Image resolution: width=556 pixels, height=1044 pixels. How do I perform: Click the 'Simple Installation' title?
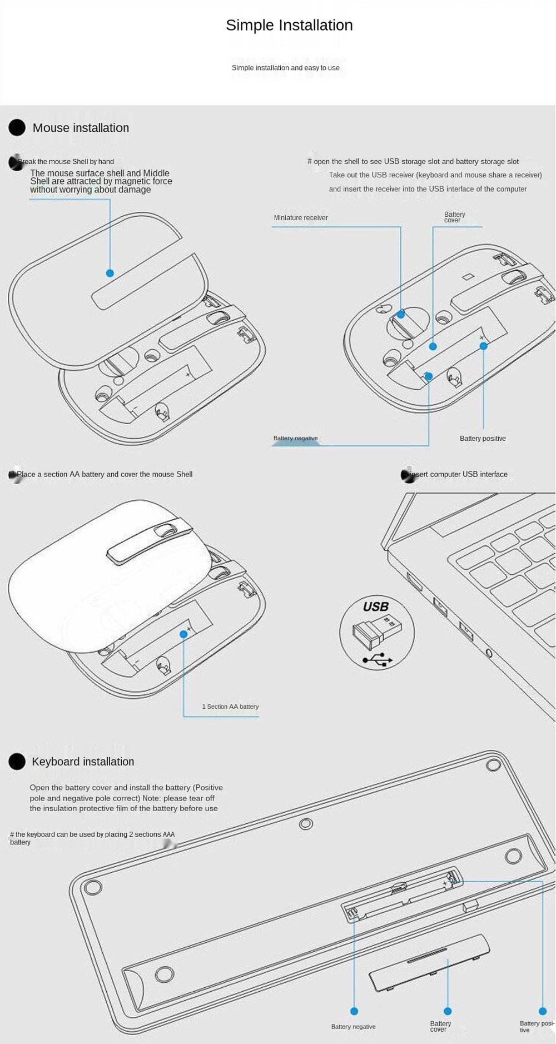(x=289, y=25)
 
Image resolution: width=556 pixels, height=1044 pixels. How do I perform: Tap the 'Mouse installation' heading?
(x=81, y=128)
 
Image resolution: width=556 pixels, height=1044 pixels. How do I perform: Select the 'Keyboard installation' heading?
(x=83, y=762)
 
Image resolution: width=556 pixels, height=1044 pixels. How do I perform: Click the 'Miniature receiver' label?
(x=301, y=218)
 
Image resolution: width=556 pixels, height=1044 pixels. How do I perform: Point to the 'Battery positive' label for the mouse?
(x=483, y=439)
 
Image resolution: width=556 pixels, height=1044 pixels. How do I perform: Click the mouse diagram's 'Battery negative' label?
(x=295, y=439)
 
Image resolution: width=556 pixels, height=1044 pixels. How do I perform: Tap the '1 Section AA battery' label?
(x=230, y=707)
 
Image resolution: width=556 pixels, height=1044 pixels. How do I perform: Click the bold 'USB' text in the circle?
(x=376, y=606)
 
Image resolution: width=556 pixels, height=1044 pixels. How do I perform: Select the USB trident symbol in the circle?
(x=378, y=660)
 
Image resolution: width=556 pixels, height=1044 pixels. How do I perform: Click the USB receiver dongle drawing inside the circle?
(x=376, y=632)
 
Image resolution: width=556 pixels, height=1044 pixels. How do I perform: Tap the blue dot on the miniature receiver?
(x=401, y=315)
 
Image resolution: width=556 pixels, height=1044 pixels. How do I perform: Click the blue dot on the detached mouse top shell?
(x=110, y=273)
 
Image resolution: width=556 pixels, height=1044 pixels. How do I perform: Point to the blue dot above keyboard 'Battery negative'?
(x=354, y=1011)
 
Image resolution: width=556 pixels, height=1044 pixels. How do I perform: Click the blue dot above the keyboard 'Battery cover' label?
(x=448, y=1011)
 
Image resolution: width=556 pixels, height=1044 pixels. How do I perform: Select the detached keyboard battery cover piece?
(x=429, y=962)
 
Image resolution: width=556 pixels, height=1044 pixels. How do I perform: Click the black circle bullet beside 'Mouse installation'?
(x=17, y=128)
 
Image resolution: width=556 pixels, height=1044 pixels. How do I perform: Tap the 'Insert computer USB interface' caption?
(x=459, y=475)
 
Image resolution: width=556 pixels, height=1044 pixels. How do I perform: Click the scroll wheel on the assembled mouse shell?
(x=165, y=530)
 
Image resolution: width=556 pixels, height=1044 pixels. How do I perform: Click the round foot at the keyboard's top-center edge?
(x=306, y=823)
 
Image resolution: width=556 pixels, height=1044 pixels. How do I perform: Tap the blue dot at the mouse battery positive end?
(x=484, y=346)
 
